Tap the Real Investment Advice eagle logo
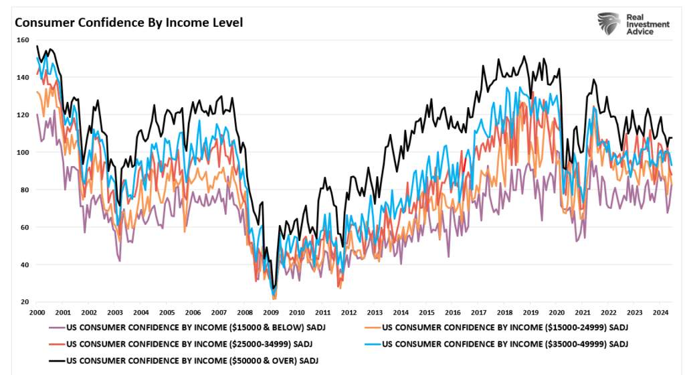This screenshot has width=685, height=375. tap(610, 24)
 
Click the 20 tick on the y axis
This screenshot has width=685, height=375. tap(23, 303)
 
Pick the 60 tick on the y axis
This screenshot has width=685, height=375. tap(23, 228)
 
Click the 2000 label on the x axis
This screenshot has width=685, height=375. tap(37, 313)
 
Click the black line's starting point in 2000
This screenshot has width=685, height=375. tap(37, 46)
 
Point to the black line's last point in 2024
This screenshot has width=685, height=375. tap(672, 138)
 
